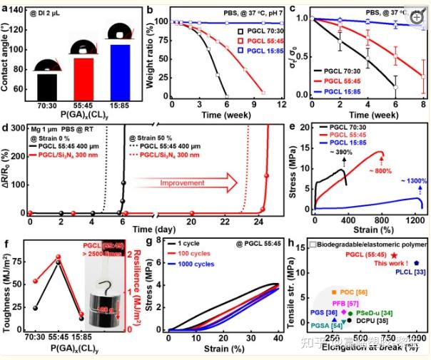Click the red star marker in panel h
tap(394, 255)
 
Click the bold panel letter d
tap(6, 129)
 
